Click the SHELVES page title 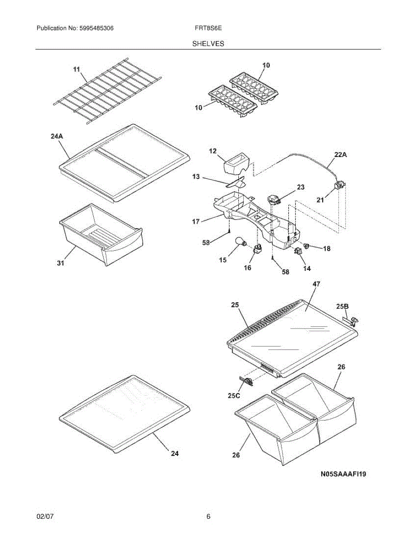coord(208,44)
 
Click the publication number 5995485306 coord(95,28)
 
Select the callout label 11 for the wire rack coord(76,69)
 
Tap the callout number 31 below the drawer coord(60,263)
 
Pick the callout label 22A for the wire coord(341,154)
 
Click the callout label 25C coord(233,396)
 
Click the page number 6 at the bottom coord(208,517)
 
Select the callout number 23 coord(300,187)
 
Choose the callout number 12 coord(213,152)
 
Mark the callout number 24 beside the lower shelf coord(174,454)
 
